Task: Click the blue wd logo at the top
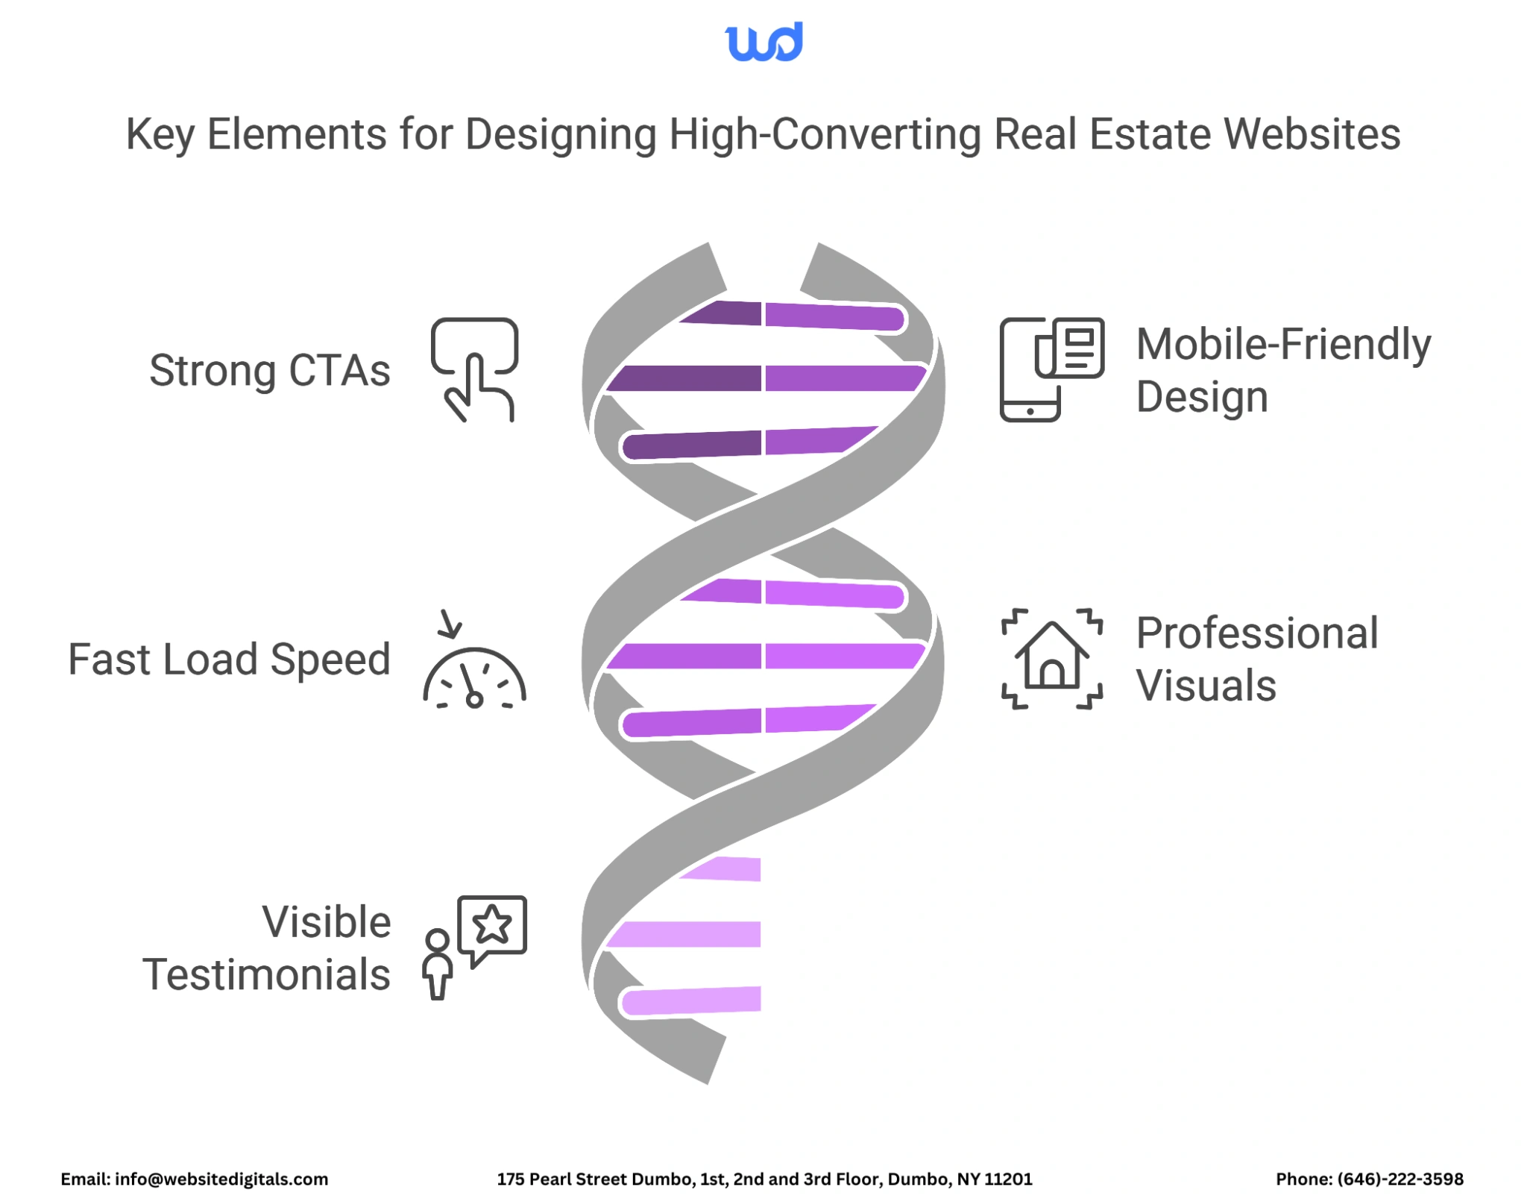pos(763,42)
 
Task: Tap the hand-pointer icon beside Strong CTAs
pos(474,369)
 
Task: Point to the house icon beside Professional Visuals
pos(1051,658)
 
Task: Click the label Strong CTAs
pos(269,371)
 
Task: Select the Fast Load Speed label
pos(229,660)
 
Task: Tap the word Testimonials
pos(266,974)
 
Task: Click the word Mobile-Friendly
pos(1282,345)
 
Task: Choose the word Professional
pos(1256,633)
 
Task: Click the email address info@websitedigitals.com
pos(221,1179)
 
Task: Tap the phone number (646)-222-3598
pos(1400,1179)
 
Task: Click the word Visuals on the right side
pos(1205,686)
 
